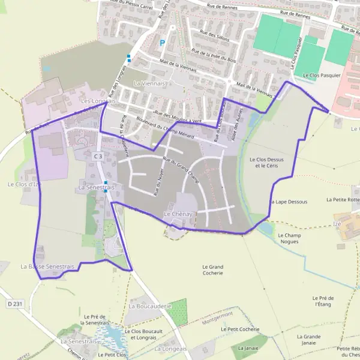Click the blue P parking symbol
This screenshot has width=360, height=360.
coord(162,43)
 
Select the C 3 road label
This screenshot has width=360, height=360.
coord(98,156)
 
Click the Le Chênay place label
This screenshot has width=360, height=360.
coord(178,214)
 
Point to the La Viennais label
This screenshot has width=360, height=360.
coord(149,83)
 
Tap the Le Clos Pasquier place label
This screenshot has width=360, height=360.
coord(322,76)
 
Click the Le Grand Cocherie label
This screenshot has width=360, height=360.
coord(213,269)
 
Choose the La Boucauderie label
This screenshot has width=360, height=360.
coord(150,306)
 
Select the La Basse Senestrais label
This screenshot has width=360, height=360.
coord(47,266)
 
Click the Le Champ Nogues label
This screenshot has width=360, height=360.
coord(289,238)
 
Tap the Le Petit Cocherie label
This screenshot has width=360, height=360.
coord(240,329)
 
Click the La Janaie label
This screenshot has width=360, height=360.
coord(248,347)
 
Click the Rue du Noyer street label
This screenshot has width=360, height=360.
coord(158,181)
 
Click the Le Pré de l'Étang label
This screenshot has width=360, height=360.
coord(323,301)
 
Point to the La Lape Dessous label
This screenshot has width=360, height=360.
coord(289,202)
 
